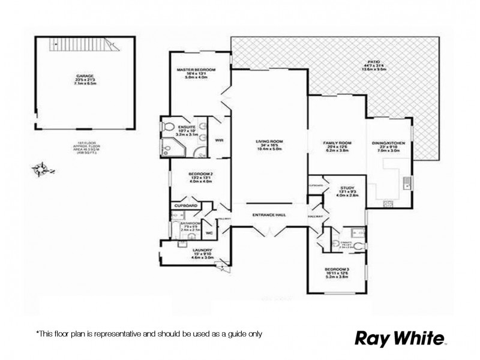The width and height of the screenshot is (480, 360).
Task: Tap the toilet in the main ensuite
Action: pyautogui.click(x=169, y=127)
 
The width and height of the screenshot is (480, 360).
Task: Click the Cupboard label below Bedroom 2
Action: pyautogui.click(x=186, y=205)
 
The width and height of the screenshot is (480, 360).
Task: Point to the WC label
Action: pyautogui.click(x=210, y=232)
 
